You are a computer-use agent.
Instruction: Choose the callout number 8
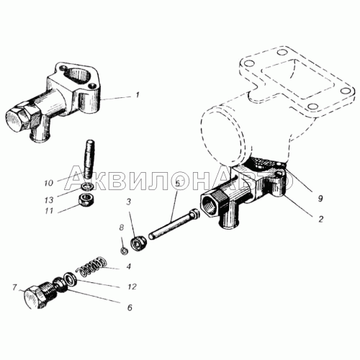coord(120,229)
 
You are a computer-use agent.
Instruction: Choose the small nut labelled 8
coord(124,250)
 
